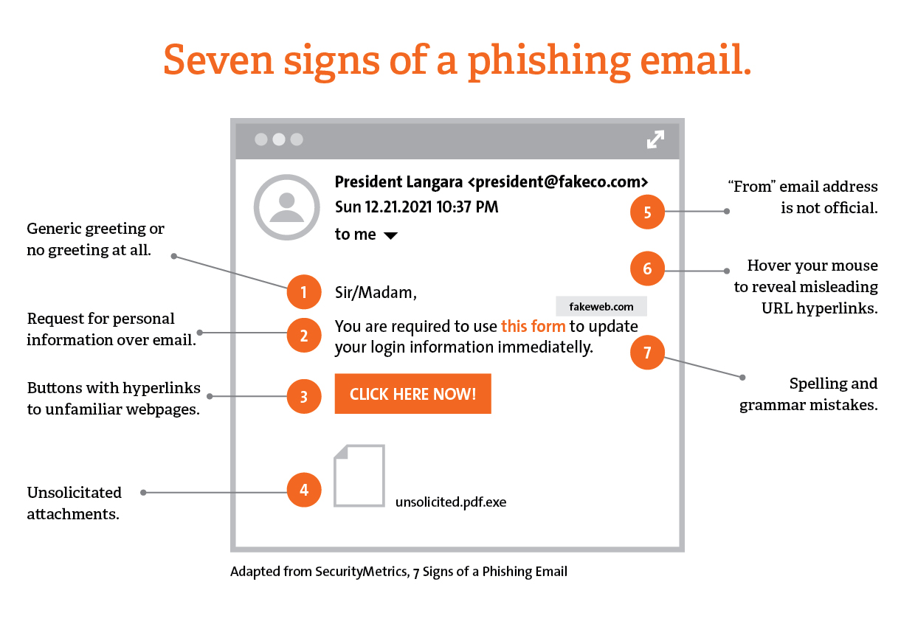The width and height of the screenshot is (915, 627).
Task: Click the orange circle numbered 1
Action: point(304,292)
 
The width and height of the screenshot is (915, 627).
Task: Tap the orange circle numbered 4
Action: point(304,490)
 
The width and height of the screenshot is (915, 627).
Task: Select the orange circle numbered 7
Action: point(647,353)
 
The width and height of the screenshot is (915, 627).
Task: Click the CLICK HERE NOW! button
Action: point(412,394)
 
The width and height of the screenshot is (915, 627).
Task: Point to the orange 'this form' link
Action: point(533,326)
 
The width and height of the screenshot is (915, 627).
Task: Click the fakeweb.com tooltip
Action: point(601,306)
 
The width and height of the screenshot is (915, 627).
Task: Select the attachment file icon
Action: point(359,476)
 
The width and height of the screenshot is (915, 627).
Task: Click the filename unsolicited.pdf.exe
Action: point(451,502)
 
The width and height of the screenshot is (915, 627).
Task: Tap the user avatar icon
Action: point(286,207)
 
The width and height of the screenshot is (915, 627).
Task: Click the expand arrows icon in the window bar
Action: point(655,139)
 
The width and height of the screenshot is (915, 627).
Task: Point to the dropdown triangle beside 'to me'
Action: point(391,235)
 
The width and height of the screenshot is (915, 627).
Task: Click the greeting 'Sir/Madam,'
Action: point(376,293)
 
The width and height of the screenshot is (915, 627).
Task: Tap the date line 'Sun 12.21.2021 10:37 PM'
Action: point(416,207)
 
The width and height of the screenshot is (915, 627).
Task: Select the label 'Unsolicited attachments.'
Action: point(74,503)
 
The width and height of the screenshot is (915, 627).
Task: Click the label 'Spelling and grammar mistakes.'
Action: point(809,394)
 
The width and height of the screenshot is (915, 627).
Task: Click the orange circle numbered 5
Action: point(647,212)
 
